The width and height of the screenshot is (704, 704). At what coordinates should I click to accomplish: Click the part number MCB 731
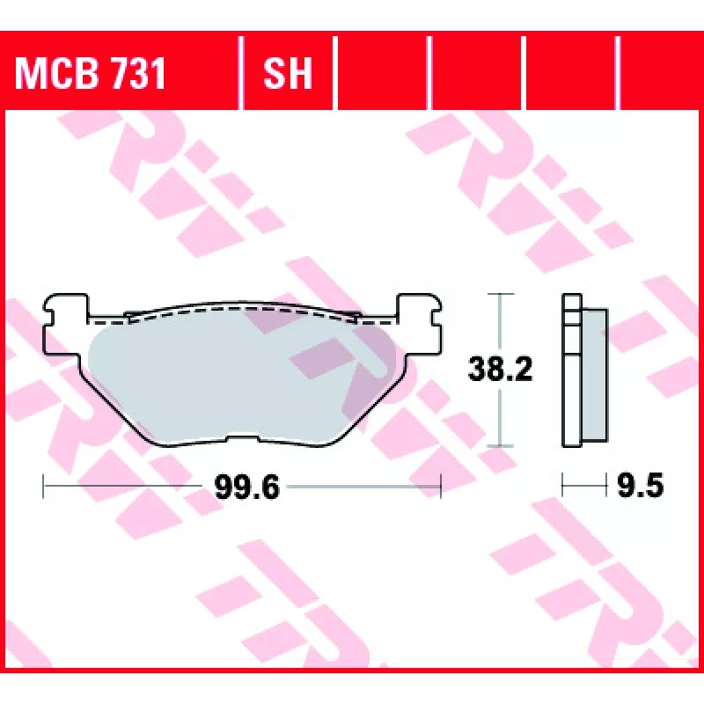pyautogui.click(x=91, y=73)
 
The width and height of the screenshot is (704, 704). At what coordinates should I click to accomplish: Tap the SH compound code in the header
pyautogui.click(x=288, y=73)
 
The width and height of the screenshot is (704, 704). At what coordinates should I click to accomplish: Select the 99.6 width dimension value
pyautogui.click(x=247, y=487)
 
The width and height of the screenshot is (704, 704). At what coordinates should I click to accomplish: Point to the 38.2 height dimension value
pyautogui.click(x=500, y=369)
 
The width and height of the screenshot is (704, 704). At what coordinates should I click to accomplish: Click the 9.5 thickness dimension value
pyautogui.click(x=641, y=486)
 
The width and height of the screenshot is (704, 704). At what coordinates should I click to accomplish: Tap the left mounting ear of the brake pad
pyautogui.click(x=65, y=324)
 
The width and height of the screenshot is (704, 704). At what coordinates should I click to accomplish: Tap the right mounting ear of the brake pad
pyautogui.click(x=420, y=324)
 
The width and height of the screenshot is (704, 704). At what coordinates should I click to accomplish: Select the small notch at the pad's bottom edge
pyautogui.click(x=243, y=436)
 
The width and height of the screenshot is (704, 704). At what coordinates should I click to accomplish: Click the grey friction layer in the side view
pyautogui.click(x=595, y=375)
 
